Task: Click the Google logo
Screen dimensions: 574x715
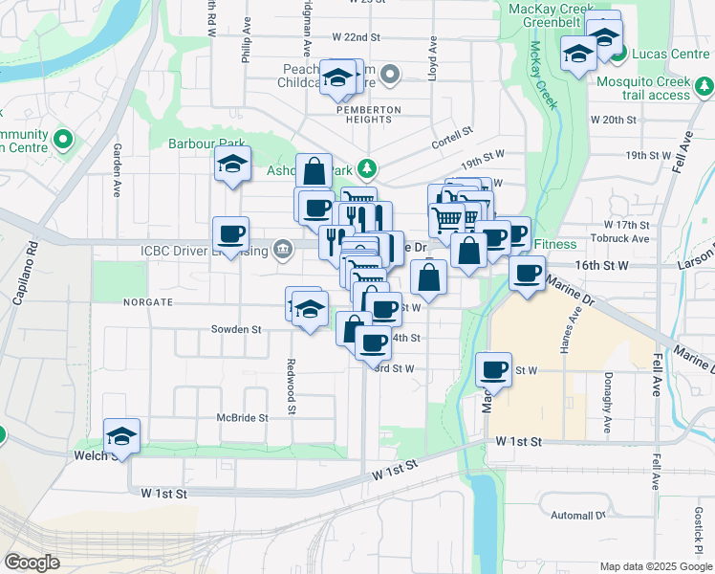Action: (32, 563)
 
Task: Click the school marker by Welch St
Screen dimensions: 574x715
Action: (121, 437)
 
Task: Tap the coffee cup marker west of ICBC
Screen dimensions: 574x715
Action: (230, 234)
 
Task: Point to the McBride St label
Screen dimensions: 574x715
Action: (241, 418)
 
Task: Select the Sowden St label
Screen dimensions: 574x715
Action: (236, 329)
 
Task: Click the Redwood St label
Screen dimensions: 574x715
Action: (290, 387)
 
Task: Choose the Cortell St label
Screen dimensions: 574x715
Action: (452, 134)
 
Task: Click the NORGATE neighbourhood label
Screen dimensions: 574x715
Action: (147, 301)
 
